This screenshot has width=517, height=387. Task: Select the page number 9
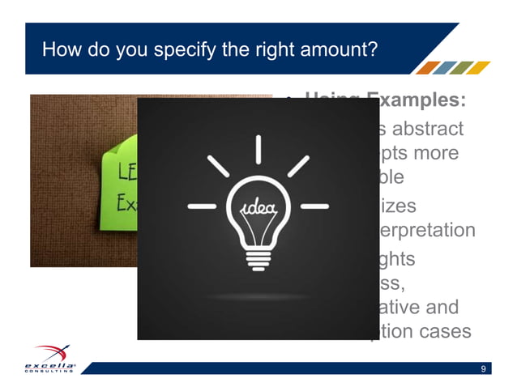tap(483, 370)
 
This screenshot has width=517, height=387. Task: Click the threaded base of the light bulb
tap(258, 261)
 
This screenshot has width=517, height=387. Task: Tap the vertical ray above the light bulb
tap(258, 149)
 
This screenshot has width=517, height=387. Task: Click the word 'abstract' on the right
tap(429, 129)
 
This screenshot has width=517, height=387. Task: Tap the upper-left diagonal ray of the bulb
tap(218, 168)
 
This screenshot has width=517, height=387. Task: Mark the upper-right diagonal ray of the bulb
tap(298, 167)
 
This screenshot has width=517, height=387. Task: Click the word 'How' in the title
tap(58, 51)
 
